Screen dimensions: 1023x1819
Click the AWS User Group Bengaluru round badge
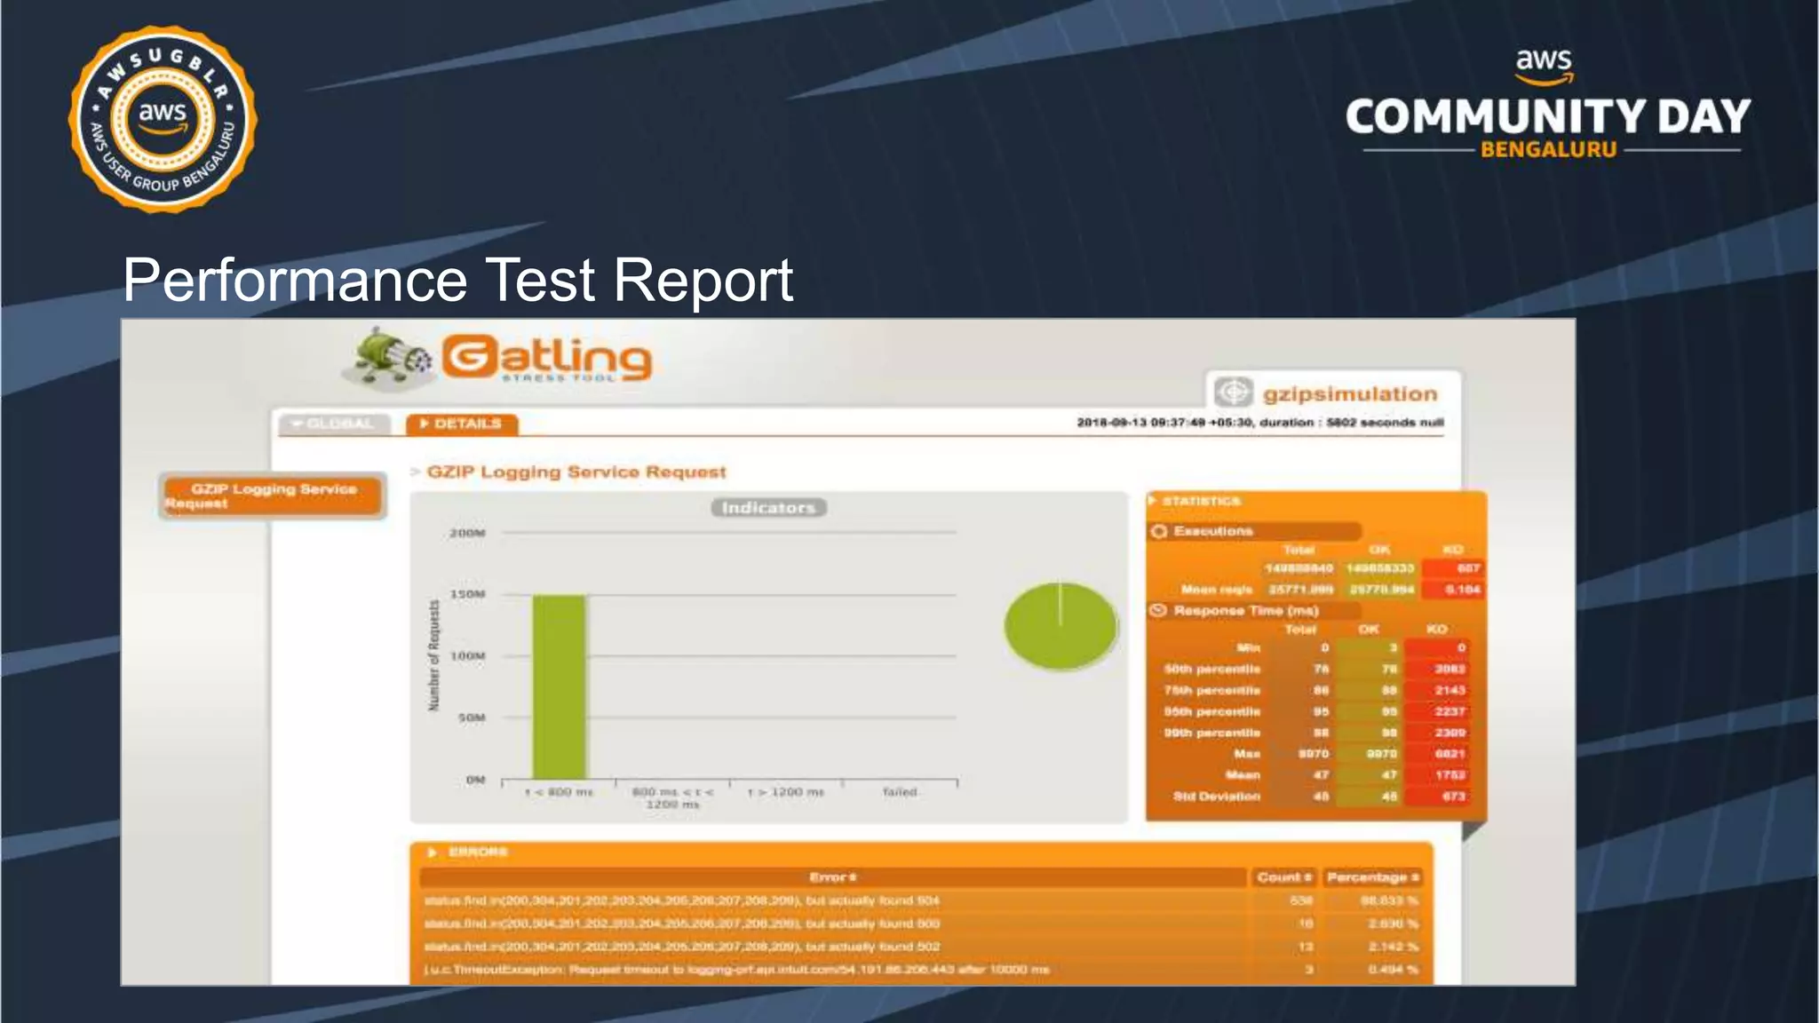163,119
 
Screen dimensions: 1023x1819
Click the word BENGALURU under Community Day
1548,150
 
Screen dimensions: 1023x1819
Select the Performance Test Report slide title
457,280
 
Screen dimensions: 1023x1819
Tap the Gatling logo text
546,358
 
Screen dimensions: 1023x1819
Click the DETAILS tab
462,424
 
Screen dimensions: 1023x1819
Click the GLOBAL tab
333,424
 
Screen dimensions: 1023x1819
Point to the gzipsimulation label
1349,393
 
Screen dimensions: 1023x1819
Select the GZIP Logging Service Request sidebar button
273,496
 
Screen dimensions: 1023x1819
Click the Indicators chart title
768,508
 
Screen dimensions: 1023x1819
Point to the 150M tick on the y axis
467,594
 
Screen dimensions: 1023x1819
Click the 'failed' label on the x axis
899,791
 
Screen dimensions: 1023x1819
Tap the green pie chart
1060,626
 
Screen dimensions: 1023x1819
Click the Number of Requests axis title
434,655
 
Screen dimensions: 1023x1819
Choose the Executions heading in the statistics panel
1212,531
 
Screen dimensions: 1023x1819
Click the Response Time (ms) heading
1245,611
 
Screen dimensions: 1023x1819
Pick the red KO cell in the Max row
1449,754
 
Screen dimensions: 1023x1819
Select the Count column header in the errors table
1283,877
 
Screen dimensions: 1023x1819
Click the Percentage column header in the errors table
1372,877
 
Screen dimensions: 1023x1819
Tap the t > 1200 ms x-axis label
786,791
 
